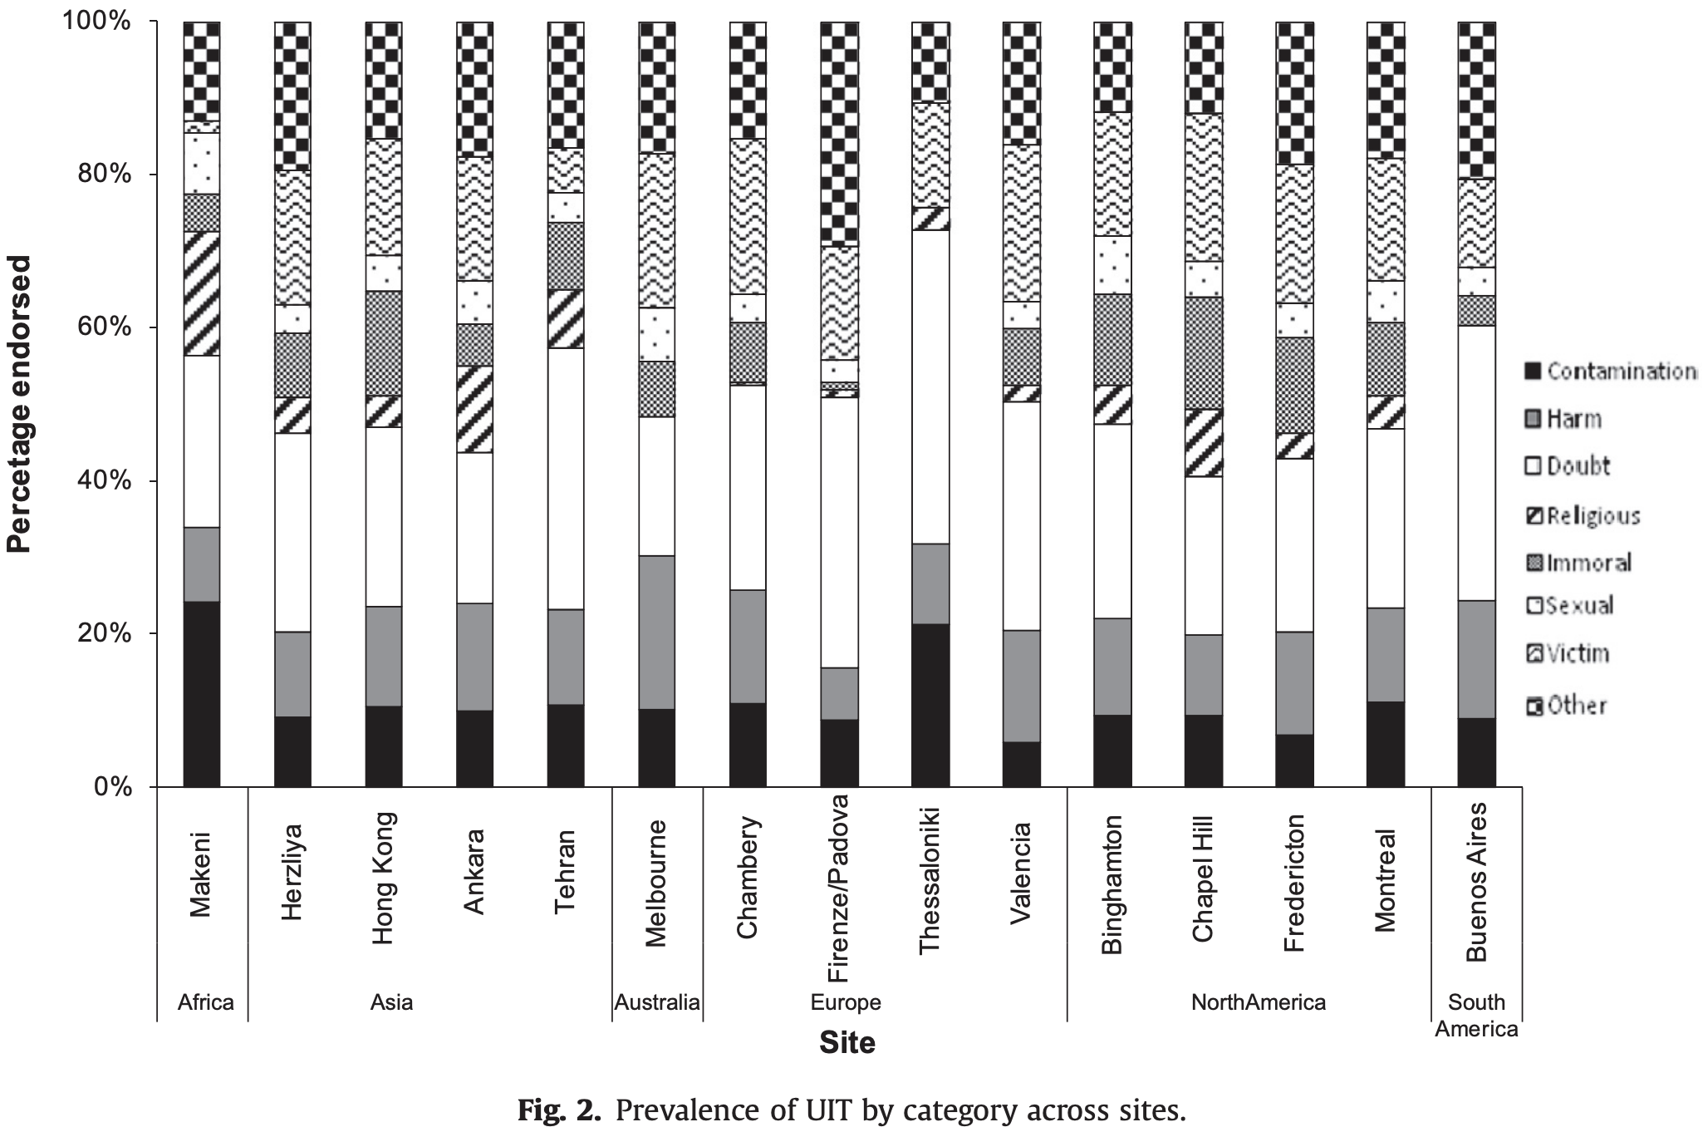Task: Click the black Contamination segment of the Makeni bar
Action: pyautogui.click(x=202, y=693)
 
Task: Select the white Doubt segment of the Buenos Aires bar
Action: pyautogui.click(x=1476, y=462)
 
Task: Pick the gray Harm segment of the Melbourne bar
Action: pyautogui.click(x=656, y=632)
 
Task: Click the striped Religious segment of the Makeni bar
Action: pyautogui.click(x=202, y=293)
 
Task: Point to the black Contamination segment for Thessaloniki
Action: pyautogui.click(x=930, y=705)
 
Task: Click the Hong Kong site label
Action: pyautogui.click(x=383, y=878)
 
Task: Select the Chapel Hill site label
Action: pyautogui.click(x=1202, y=878)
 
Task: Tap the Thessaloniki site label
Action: pyautogui.click(x=929, y=878)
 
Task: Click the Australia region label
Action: pyautogui.click(x=656, y=1002)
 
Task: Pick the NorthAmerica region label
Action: pyautogui.click(x=1258, y=1002)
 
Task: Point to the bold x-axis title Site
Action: pyautogui.click(x=847, y=1042)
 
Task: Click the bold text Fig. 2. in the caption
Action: pyautogui.click(x=558, y=1110)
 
